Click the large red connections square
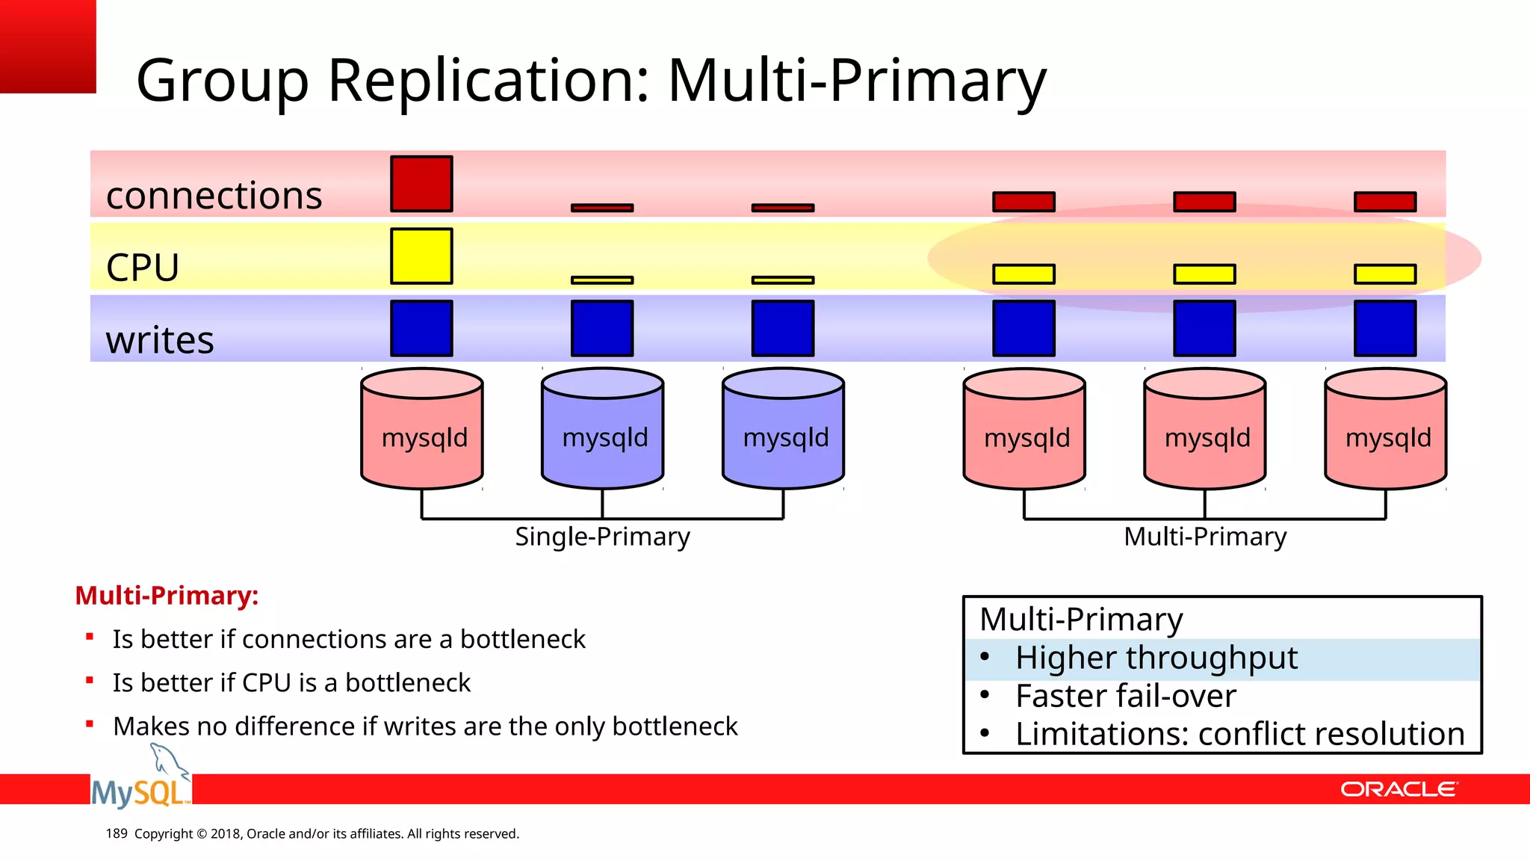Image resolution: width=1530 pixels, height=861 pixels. [x=421, y=184]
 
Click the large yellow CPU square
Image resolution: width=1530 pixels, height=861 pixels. [x=421, y=256]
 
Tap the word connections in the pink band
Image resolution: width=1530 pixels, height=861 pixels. [x=214, y=196]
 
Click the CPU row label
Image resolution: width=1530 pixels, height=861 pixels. [x=143, y=268]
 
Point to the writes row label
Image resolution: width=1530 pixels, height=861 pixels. [x=160, y=340]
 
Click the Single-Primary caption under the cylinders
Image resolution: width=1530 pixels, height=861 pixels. [x=602, y=537]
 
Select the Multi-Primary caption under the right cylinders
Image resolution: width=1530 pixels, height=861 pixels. [x=1205, y=537]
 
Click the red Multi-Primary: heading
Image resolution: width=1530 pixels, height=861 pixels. [x=167, y=596]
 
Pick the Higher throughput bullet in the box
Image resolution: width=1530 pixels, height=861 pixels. [x=1156, y=658]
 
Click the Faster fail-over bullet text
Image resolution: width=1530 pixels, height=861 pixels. [x=1125, y=697]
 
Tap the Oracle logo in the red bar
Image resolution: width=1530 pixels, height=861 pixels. [x=1399, y=789]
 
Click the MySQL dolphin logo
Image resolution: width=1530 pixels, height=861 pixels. [x=140, y=782]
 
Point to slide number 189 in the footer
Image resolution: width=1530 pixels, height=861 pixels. [x=117, y=833]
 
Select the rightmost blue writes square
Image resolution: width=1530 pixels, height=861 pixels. [x=1385, y=328]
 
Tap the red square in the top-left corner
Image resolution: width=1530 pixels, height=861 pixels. [x=48, y=46]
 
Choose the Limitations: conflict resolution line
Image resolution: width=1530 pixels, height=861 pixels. [x=1239, y=735]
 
